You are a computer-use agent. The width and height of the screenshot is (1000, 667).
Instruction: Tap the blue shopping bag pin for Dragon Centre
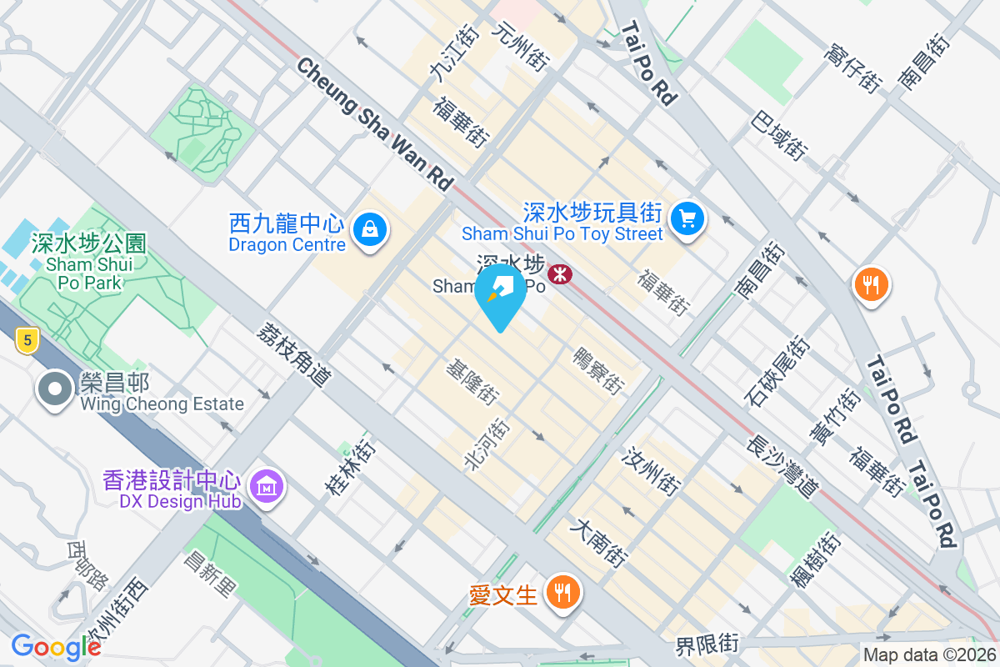pos(367,228)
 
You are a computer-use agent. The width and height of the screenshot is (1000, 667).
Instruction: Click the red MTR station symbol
pos(560,273)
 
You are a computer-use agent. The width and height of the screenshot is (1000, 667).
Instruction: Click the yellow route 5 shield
pos(27,339)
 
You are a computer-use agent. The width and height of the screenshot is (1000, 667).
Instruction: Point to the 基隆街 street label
pos(472,383)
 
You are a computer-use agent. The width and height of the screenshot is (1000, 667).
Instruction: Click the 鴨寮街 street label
pos(598,371)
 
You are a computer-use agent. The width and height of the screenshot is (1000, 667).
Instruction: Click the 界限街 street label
pos(707,644)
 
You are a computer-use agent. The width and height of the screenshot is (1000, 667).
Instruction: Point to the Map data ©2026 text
pos(929,655)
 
